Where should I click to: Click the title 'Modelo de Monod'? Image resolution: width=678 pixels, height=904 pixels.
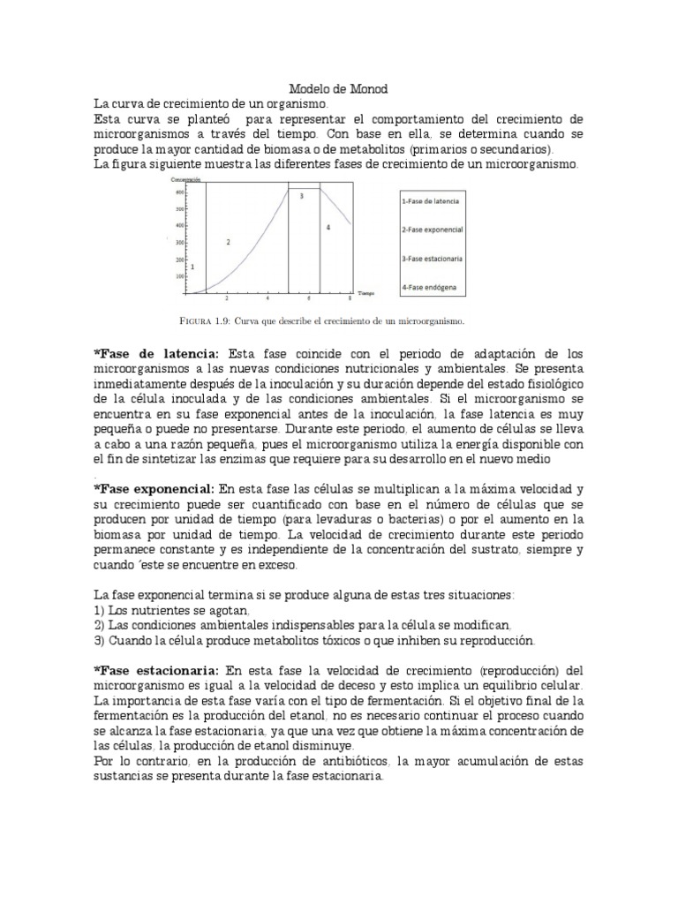coord(339,89)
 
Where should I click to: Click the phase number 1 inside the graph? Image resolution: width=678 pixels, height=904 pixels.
coord(192,265)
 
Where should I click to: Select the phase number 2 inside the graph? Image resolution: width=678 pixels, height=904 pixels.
coord(229,241)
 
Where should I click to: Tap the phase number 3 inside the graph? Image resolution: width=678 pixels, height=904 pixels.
coord(302,196)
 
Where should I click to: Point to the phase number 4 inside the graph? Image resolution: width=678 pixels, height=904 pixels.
coord(328,228)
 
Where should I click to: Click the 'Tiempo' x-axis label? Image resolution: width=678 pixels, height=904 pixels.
coord(366,291)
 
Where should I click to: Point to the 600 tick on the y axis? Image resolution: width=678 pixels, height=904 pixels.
coord(179,192)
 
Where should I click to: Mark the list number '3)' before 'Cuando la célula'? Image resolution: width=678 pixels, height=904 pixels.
coord(99,640)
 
